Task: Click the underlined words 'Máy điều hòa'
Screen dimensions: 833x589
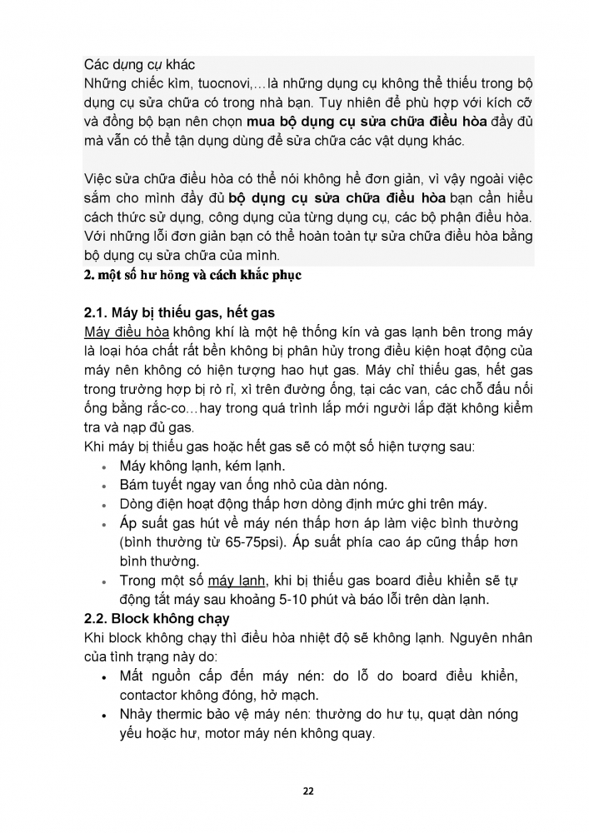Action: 122,331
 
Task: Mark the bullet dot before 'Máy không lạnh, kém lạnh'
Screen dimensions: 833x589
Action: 102,468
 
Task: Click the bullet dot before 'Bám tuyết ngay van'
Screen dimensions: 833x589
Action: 102,486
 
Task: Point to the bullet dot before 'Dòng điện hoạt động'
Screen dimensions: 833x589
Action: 102,506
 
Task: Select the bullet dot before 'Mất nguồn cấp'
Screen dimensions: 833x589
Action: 102,676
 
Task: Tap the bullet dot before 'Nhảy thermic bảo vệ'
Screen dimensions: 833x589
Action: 102,715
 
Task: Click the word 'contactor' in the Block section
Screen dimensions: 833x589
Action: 151,694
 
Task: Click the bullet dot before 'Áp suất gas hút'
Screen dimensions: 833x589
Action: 102,525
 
